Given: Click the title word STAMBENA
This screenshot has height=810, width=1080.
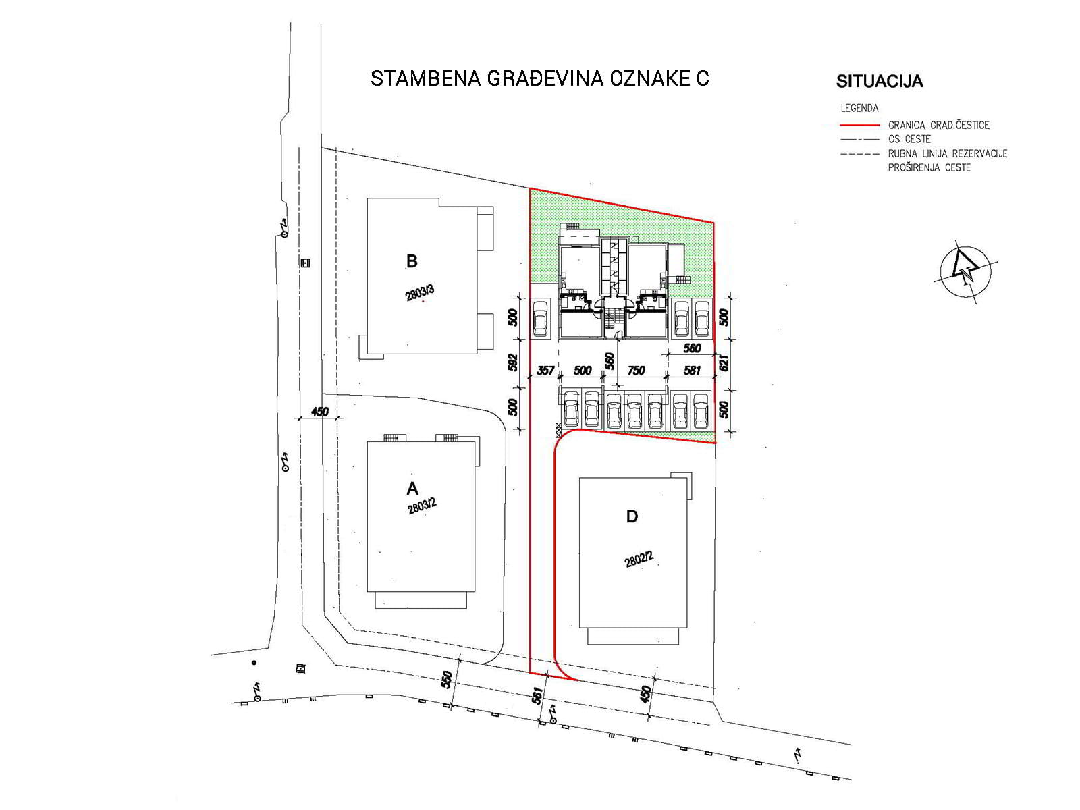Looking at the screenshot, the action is [426, 79].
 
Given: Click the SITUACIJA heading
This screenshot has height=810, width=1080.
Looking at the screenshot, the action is [880, 81].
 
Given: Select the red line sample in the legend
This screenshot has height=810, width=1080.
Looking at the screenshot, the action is [859, 126].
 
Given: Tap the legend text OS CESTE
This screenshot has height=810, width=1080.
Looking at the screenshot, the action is [909, 139].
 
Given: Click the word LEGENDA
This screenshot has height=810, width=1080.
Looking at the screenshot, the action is [859, 108].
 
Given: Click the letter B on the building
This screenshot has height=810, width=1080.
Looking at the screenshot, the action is [412, 261].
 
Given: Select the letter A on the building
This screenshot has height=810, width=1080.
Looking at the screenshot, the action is [412, 488].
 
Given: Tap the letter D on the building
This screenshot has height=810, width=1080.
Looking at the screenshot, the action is [632, 516].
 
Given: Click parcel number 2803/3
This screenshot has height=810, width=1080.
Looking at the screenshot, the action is [420, 293].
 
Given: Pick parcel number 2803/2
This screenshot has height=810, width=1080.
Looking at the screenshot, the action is [422, 506].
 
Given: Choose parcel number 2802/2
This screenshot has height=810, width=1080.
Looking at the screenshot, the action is [639, 559].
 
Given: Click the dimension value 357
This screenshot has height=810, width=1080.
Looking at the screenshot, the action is [545, 370].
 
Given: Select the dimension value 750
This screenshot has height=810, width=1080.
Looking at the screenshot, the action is [636, 370].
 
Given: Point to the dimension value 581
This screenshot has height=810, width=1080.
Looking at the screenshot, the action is [691, 370].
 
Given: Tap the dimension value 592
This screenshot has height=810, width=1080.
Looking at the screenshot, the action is [513, 362].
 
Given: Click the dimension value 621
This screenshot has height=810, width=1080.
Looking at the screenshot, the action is [724, 363].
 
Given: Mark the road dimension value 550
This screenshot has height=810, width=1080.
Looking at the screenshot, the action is [447, 680].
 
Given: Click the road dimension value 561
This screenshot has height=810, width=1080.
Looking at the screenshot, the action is [537, 695].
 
